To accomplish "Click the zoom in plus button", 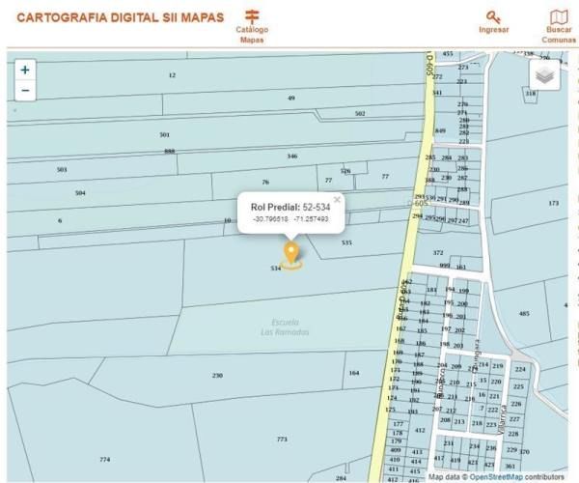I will (25, 70).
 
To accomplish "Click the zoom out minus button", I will (25, 91).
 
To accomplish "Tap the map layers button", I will (545, 75).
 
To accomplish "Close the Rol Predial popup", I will (337, 200).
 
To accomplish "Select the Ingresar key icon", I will (494, 16).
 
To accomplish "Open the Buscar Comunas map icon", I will (559, 16).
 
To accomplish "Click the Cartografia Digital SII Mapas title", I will (121, 17).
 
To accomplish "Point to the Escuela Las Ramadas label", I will (285, 327).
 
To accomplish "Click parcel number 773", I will (282, 440).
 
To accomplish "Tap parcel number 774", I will (104, 459).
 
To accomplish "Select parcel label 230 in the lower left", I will (217, 375).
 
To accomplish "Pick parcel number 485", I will (524, 314).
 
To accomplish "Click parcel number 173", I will (553, 203).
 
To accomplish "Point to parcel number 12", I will (172, 74).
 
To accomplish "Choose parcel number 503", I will (62, 170).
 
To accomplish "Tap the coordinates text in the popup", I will (289, 219).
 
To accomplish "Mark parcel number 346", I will (291, 156).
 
